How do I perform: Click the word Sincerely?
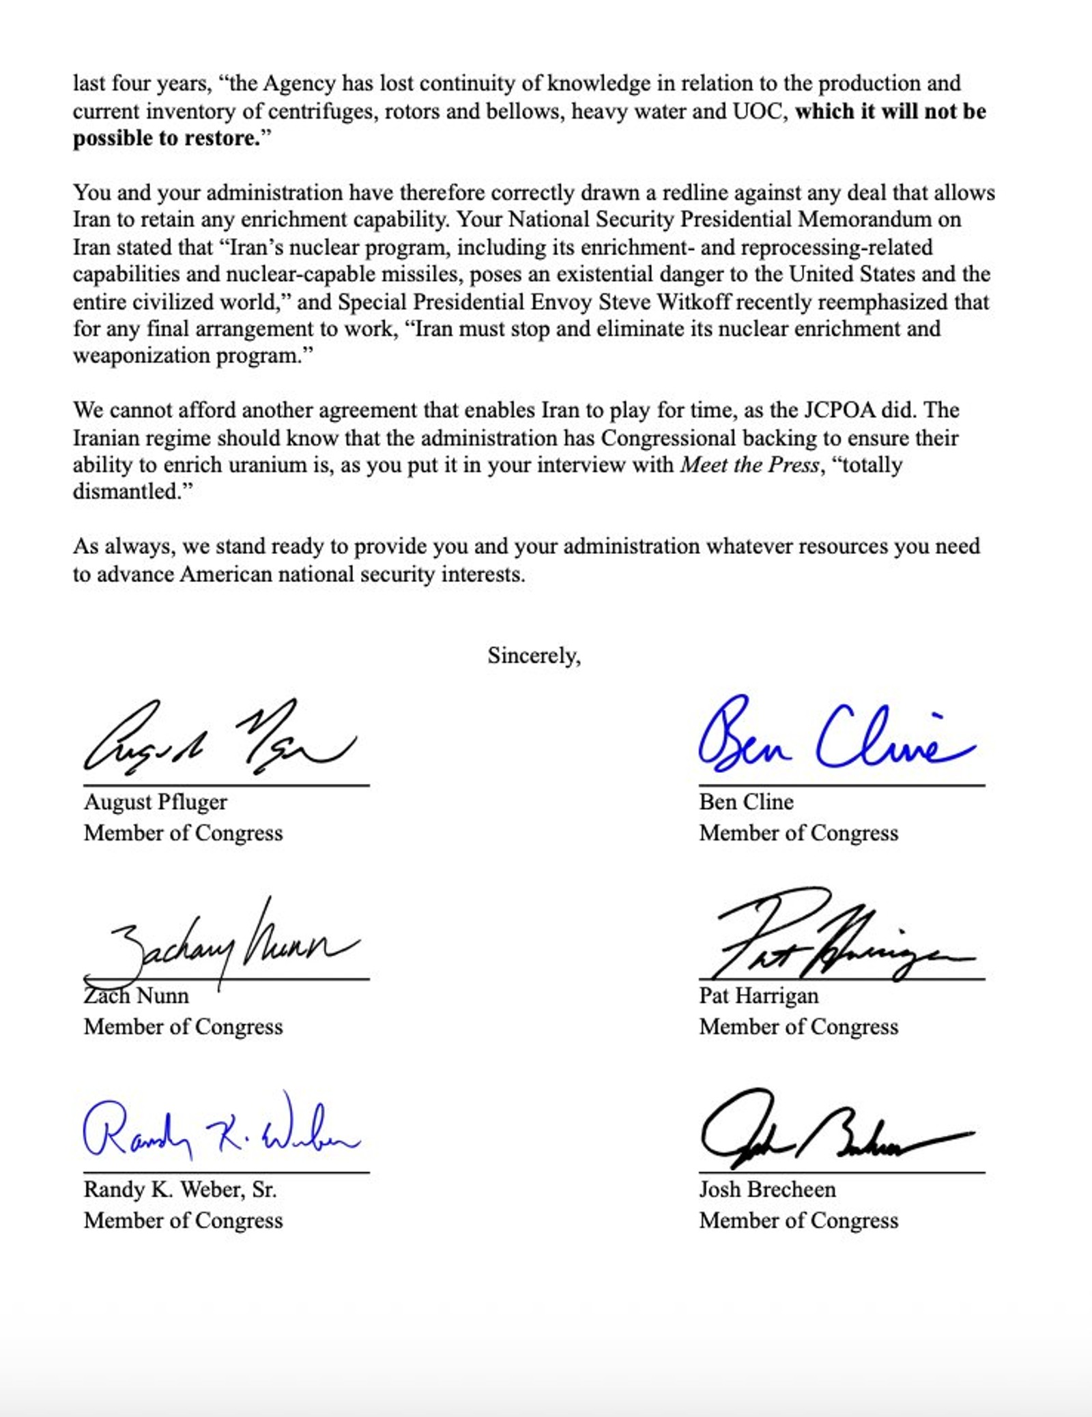coord(534,656)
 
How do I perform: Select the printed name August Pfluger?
coord(156,802)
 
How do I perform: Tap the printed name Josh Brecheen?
coord(767,1190)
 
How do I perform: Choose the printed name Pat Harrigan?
coord(758,996)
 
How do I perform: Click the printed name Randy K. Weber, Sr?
coord(180,1190)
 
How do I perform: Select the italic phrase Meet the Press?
coord(749,465)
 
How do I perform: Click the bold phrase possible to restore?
coord(167,138)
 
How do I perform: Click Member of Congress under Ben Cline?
coord(799,833)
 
